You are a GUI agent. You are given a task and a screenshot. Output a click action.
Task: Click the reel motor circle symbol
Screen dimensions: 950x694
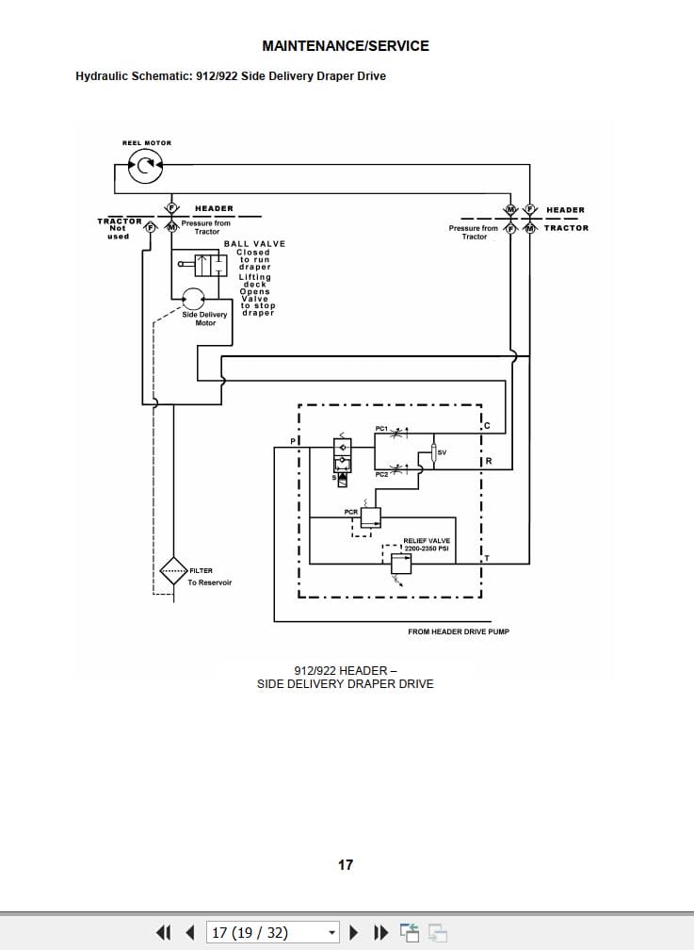[145, 167]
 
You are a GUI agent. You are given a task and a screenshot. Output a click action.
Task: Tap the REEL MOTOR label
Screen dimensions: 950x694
[147, 143]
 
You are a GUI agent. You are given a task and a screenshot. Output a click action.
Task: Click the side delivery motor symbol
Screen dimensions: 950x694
[193, 299]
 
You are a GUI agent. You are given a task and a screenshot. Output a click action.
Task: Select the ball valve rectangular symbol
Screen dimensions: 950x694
[210, 265]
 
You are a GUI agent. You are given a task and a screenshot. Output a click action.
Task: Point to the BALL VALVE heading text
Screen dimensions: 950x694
[254, 244]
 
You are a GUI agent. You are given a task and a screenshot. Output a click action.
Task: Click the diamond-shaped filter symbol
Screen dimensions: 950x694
[174, 571]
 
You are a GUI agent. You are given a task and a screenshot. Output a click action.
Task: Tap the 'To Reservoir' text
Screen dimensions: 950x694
[209, 582]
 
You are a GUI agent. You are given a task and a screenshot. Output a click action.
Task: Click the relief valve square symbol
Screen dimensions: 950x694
[401, 563]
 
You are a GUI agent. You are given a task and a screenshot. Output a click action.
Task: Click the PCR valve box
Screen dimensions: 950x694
[369, 516]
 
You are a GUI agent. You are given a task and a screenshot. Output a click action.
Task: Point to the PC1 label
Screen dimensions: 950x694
[381, 430]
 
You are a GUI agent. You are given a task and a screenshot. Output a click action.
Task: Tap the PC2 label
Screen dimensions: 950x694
[381, 474]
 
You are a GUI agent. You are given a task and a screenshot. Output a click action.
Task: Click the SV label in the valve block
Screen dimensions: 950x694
[442, 453]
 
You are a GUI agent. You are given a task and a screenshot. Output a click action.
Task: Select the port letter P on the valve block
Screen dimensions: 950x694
[292, 441]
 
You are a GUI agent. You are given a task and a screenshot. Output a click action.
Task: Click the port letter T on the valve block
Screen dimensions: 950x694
[487, 557]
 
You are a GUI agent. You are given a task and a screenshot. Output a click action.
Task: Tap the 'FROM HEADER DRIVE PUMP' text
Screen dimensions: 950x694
[458, 631]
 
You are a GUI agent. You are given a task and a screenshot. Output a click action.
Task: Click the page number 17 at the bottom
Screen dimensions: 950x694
[346, 864]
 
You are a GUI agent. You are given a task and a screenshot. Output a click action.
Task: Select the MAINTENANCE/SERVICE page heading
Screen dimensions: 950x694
[346, 45]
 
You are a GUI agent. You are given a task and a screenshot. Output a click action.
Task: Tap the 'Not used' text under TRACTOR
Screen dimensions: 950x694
[118, 232]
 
